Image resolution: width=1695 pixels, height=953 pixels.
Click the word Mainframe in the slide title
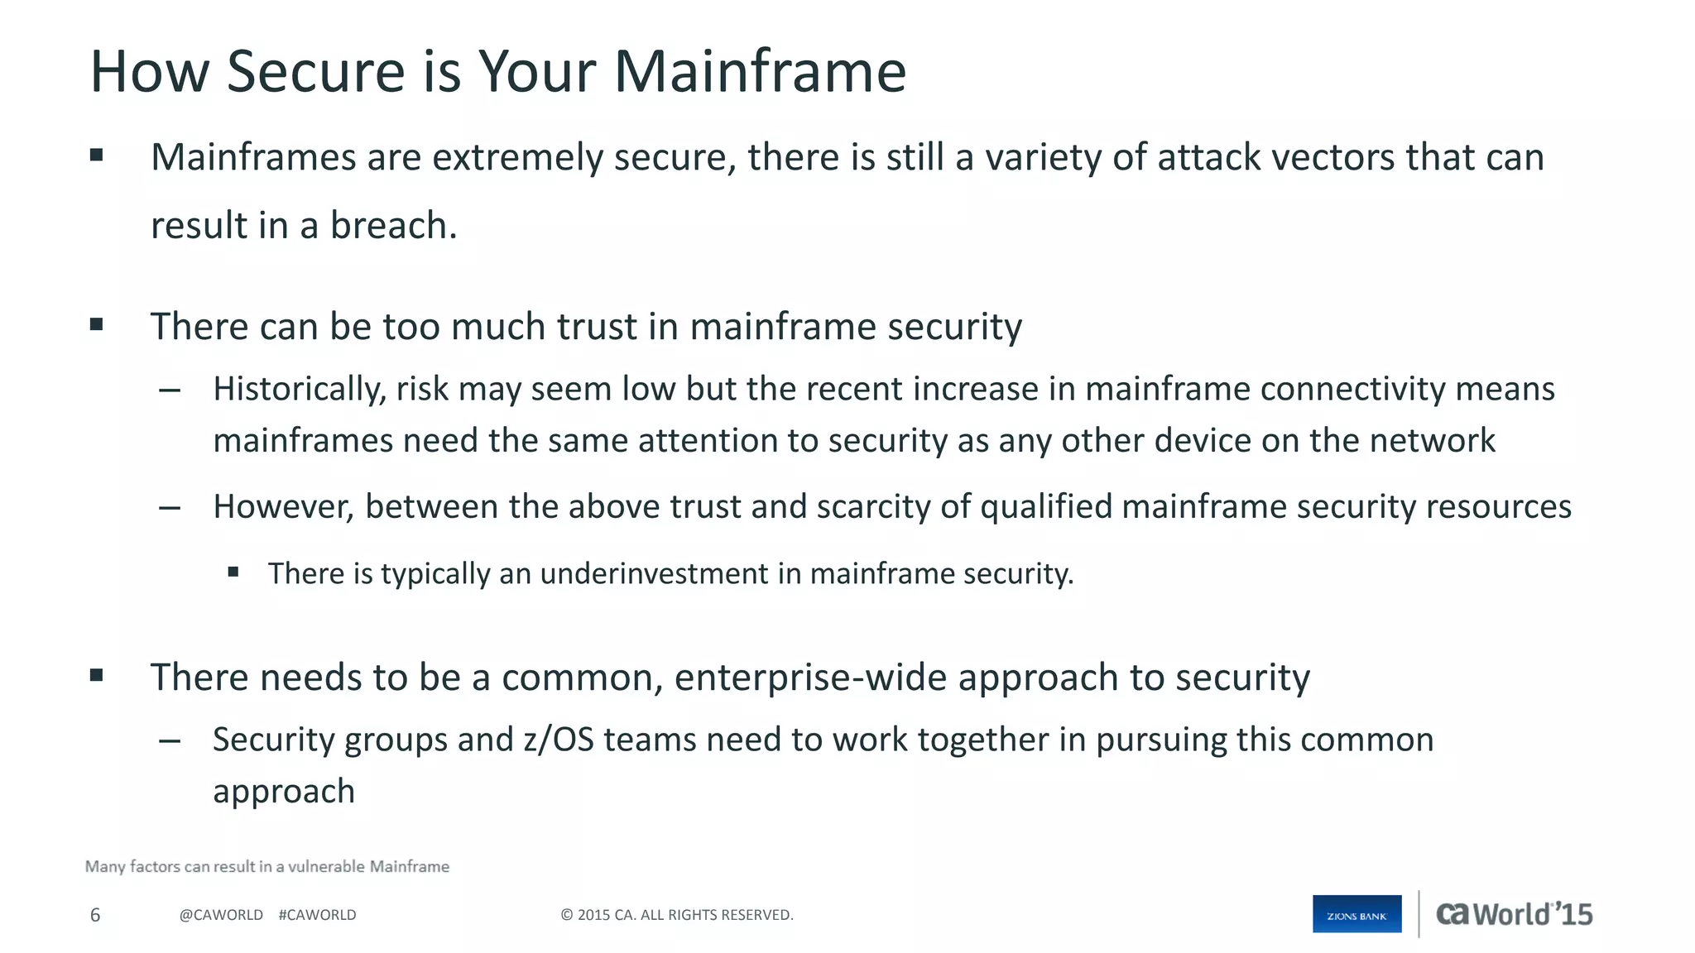(x=760, y=72)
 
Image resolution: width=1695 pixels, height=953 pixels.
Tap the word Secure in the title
(x=315, y=72)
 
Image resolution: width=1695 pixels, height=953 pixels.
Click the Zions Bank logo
(x=1356, y=914)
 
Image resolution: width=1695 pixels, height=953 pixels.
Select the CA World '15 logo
(x=1514, y=914)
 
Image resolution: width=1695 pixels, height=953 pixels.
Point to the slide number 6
(x=95, y=915)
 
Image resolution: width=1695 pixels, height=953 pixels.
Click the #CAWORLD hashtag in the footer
(x=317, y=915)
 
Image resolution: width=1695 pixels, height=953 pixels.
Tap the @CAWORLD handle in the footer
(x=221, y=915)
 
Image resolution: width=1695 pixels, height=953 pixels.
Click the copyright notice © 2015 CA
(x=676, y=915)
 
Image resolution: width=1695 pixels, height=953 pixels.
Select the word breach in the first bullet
(x=393, y=226)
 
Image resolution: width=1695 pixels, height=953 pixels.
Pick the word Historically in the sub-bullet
(x=299, y=390)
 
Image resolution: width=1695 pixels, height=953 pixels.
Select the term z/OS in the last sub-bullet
(x=559, y=740)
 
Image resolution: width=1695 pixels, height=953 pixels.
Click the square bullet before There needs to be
(x=97, y=675)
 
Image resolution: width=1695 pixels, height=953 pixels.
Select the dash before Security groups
(x=170, y=740)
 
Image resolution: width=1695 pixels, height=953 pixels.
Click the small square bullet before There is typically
(x=233, y=572)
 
